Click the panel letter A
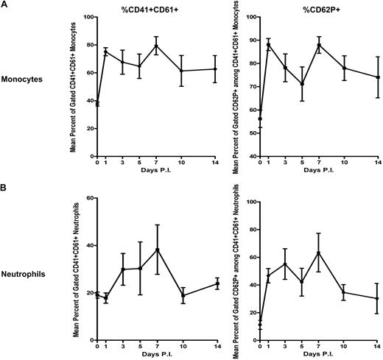[4, 5]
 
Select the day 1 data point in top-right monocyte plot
[269, 44]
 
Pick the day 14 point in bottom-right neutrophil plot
[377, 298]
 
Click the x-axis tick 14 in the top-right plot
[377, 165]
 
